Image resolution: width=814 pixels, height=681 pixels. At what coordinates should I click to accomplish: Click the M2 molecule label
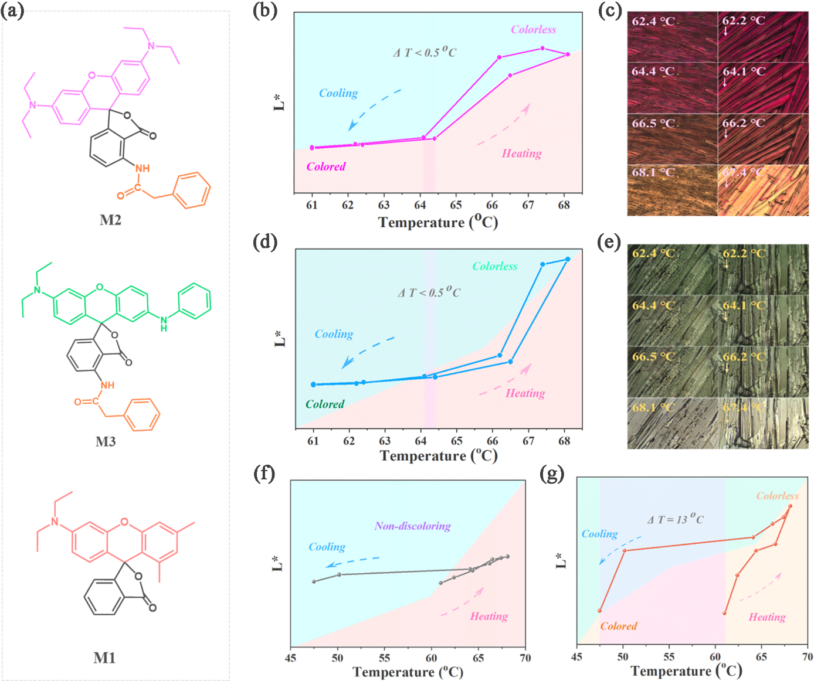[110, 220]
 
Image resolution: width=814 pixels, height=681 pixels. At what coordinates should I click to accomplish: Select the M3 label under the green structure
[106, 442]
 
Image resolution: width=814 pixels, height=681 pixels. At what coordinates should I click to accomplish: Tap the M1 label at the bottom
[104, 658]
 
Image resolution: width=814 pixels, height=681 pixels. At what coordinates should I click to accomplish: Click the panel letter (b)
[264, 11]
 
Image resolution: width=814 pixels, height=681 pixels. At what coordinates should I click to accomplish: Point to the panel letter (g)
[552, 474]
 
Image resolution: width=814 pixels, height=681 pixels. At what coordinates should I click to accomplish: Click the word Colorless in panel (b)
[533, 30]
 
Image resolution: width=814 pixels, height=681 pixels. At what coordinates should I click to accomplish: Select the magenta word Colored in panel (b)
[326, 167]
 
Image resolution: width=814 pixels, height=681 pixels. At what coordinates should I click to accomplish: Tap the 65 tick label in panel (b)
[456, 205]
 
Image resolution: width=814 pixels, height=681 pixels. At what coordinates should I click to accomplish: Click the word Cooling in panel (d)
[334, 334]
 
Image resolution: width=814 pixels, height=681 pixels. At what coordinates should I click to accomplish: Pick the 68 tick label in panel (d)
[564, 441]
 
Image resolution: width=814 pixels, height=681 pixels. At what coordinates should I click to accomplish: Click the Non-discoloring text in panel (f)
[412, 526]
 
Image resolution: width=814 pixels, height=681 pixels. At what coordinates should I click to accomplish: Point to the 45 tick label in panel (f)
[291, 658]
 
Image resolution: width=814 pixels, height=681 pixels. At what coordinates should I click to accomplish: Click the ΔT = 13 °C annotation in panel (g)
[675, 519]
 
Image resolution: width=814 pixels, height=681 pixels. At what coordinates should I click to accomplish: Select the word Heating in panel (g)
[767, 617]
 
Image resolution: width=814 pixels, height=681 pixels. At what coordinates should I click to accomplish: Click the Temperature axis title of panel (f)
[408, 672]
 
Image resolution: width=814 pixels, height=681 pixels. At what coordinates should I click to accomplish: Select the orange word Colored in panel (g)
[618, 626]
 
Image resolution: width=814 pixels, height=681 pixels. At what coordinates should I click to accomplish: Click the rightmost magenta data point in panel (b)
[568, 55]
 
